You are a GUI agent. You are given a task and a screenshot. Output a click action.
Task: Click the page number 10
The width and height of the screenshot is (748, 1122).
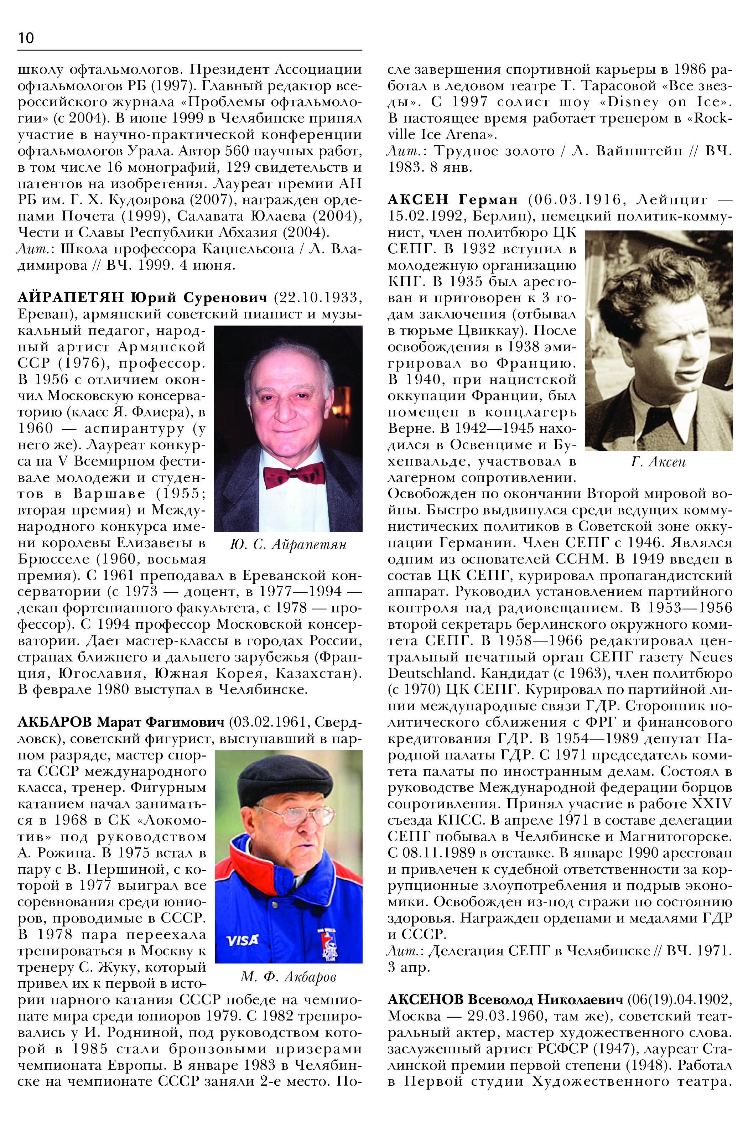[x=26, y=38]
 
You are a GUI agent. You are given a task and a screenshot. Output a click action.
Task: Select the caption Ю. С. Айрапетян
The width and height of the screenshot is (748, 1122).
[x=288, y=544]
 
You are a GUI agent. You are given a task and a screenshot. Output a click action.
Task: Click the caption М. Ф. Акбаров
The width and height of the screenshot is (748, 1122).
[x=288, y=977]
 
